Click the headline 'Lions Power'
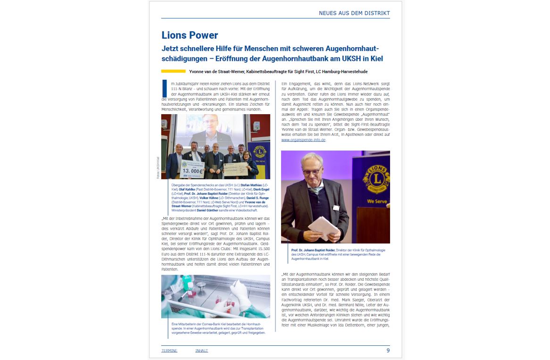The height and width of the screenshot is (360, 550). (190, 35)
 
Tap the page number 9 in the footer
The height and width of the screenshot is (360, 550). (388, 351)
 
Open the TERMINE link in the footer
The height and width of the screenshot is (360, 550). (169, 351)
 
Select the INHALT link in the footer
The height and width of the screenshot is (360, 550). (201, 351)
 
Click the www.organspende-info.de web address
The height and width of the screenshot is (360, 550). (303, 140)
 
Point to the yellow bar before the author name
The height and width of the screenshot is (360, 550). (173, 71)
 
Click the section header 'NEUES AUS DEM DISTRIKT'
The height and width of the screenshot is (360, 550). (354, 13)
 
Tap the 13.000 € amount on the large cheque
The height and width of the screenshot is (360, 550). (191, 170)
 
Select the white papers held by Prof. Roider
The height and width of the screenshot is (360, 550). (323, 228)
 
